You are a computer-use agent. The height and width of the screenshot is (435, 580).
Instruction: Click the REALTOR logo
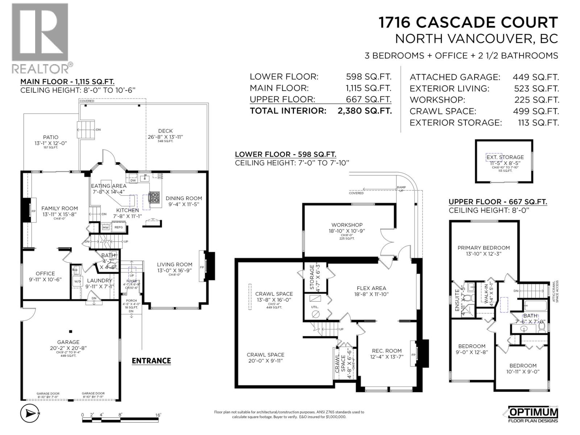[40, 38]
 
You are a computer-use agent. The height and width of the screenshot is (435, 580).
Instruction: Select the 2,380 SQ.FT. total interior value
[364, 111]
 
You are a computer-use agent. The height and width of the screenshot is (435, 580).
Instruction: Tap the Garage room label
[68, 342]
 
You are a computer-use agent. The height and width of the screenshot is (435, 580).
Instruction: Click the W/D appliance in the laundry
[78, 281]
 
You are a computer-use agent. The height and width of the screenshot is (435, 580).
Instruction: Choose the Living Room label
[174, 264]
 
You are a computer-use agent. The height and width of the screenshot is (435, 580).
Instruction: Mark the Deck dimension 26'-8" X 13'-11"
[165, 137]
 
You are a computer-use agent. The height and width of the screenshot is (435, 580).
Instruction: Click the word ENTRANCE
[151, 361]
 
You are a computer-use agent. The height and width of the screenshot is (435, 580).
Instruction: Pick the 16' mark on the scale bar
[158, 415]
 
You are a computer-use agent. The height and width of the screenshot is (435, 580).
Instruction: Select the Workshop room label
[347, 225]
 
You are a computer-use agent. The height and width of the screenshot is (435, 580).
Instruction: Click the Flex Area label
[371, 288]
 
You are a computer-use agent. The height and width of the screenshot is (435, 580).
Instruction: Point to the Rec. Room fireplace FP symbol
[413, 354]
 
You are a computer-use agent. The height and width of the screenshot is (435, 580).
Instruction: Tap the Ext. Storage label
[505, 157]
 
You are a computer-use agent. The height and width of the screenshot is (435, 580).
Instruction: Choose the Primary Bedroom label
[484, 248]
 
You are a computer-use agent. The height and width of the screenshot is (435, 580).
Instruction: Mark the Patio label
[51, 137]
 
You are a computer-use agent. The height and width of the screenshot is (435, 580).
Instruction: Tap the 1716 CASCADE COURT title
[468, 22]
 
